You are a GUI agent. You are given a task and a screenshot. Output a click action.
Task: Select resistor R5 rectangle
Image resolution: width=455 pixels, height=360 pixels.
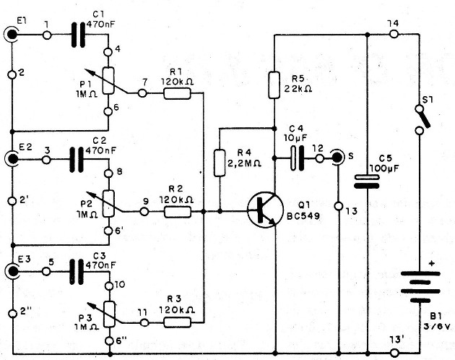(274, 86)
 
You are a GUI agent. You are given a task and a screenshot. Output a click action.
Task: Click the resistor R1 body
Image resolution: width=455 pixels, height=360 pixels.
(177, 95)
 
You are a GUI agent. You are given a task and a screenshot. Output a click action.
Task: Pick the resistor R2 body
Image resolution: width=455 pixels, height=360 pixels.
(177, 212)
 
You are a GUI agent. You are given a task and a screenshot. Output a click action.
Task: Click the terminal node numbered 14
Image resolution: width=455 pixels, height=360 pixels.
(393, 34)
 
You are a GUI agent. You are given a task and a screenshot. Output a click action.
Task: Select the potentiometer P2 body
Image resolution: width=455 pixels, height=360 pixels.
(110, 200)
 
